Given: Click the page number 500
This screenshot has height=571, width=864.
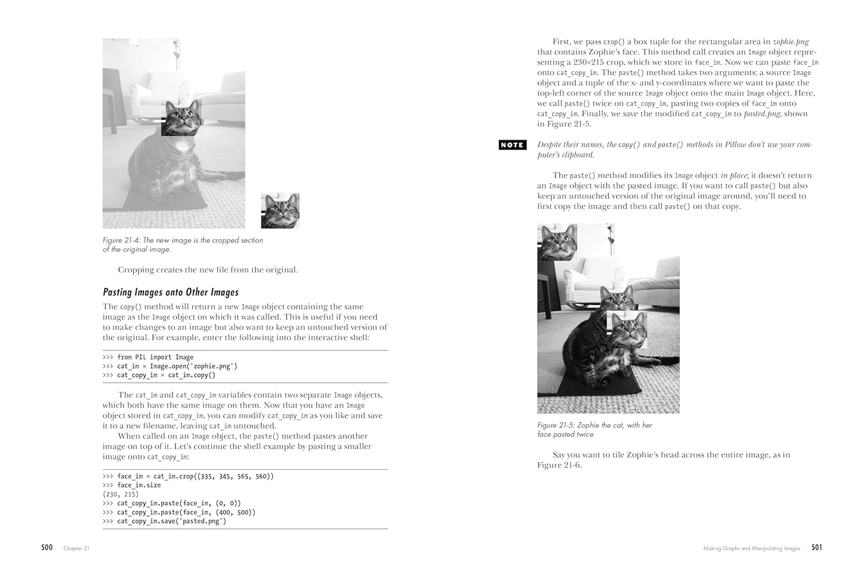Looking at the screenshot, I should (x=47, y=547).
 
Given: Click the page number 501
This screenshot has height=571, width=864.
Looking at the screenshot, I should (x=816, y=547).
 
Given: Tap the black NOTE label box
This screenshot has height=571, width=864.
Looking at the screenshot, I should (x=512, y=145).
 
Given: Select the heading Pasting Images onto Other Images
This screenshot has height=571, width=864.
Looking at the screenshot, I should (x=170, y=292).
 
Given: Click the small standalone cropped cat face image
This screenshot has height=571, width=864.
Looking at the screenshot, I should (x=280, y=210).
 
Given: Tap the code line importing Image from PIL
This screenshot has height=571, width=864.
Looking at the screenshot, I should (x=148, y=357).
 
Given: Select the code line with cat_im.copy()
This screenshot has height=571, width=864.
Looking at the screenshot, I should (x=159, y=375).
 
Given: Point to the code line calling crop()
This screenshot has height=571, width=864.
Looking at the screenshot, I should (x=188, y=477).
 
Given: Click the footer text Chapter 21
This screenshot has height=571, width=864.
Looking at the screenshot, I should (x=77, y=548).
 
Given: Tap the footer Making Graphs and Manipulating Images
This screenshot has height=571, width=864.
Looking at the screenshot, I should (x=751, y=549).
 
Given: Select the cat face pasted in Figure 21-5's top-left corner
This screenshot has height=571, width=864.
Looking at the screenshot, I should (x=557, y=242).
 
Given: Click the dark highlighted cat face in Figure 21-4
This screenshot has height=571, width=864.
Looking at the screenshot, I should (x=181, y=118).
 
